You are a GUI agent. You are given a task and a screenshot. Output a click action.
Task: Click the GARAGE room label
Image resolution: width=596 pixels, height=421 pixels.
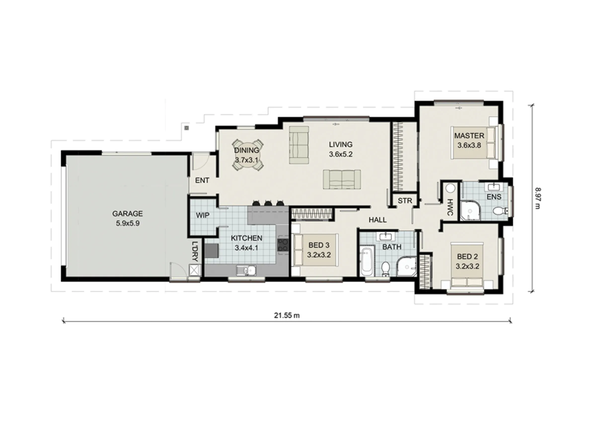click(x=127, y=214)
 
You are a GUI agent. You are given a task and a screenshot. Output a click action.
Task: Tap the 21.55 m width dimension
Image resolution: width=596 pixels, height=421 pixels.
click(x=287, y=315)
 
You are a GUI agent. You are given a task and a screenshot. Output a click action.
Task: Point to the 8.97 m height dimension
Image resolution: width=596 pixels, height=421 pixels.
click(x=537, y=198)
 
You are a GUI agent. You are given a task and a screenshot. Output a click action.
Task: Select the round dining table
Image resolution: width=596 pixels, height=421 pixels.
click(x=247, y=155)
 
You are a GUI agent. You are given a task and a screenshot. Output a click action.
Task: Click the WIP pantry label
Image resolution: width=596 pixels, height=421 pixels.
click(x=202, y=216)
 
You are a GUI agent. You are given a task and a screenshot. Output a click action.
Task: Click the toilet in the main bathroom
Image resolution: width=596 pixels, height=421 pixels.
click(x=385, y=269)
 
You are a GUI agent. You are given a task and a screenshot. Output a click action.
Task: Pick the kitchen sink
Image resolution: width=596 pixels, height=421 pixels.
click(x=246, y=270)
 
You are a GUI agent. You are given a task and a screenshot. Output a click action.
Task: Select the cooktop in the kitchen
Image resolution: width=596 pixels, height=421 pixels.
click(x=283, y=245)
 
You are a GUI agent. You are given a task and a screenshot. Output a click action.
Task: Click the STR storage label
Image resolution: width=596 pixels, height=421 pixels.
click(x=405, y=200)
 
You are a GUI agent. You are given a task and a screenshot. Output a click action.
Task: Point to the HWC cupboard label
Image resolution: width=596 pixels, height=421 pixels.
click(x=450, y=207)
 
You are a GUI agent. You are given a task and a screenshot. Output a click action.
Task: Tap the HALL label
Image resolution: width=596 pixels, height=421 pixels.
click(x=378, y=220)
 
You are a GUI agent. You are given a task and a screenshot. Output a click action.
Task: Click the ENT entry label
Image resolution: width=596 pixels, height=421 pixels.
click(x=202, y=180)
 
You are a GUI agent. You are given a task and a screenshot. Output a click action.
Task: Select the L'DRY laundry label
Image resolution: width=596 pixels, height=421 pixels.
click(x=195, y=251)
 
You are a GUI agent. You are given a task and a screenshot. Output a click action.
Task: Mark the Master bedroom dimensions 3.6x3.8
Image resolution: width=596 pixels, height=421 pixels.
click(x=469, y=145)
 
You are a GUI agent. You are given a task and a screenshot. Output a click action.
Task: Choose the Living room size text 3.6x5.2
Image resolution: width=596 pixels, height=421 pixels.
click(x=341, y=154)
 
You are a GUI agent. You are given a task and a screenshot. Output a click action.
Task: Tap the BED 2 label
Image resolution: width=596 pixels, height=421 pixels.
click(x=468, y=257)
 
